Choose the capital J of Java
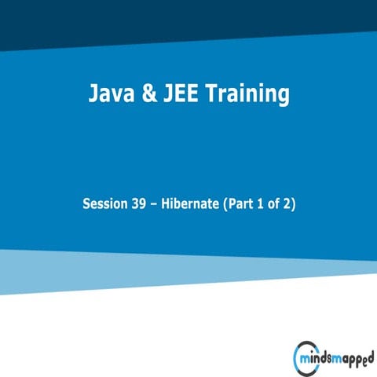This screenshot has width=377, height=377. pyautogui.click(x=93, y=95)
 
